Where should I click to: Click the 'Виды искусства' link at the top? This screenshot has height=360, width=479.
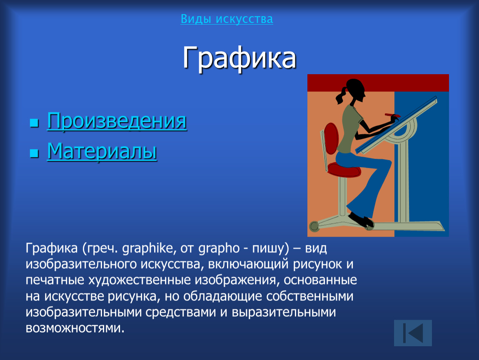click(227, 19)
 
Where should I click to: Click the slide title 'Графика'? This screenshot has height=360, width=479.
click(239, 57)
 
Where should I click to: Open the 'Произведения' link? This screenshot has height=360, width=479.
click(117, 121)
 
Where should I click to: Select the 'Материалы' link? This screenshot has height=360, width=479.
click(102, 151)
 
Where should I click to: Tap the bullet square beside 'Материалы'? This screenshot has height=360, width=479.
click(34, 153)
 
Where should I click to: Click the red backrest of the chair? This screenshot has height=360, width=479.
click(331, 138)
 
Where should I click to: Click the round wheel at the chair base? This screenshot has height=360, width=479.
click(314, 226)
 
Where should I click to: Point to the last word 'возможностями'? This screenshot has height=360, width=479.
click(75, 328)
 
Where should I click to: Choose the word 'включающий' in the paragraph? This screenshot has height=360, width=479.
click(248, 264)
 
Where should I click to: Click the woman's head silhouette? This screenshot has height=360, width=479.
click(356, 90)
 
